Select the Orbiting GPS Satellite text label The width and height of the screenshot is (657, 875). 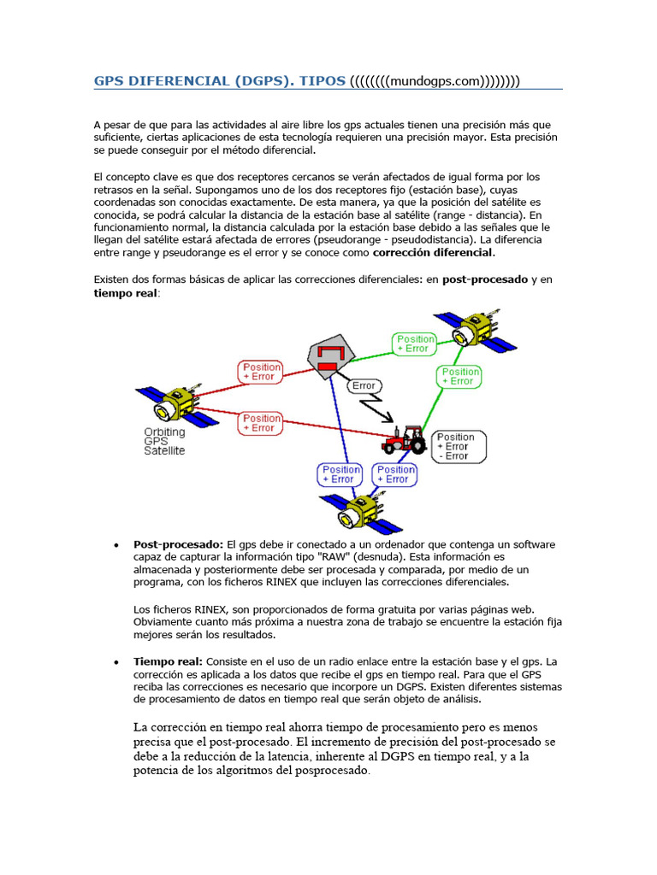(164, 441)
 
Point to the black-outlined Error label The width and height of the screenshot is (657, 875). (364, 385)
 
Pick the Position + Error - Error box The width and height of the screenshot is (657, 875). (458, 446)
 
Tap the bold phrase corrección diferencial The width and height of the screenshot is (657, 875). (434, 252)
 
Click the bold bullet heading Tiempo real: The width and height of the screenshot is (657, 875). (168, 661)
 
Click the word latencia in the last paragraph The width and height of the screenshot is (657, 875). (292, 756)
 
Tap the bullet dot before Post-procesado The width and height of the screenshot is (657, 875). (115, 545)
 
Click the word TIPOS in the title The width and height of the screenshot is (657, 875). (322, 81)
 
